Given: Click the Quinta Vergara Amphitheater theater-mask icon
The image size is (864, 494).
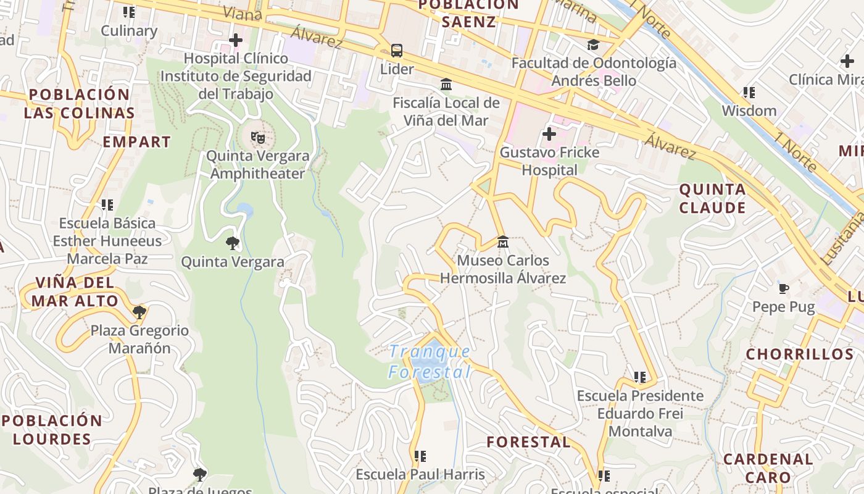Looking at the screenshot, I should (257, 137).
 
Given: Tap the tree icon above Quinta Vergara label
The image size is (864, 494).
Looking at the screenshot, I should (233, 243).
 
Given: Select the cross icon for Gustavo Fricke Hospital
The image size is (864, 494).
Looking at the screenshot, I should (549, 134).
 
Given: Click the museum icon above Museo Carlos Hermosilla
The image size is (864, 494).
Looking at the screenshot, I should (503, 241).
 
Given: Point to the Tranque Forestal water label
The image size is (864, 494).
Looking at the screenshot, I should (430, 362).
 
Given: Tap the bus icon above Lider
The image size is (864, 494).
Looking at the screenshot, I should (397, 50).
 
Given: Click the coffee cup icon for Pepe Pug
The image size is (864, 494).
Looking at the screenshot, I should (783, 288).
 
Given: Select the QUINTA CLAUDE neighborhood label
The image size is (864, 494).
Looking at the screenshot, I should (713, 198).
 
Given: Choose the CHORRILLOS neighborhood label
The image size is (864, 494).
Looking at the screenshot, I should (800, 354).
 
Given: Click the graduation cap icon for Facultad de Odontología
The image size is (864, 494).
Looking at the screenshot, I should (593, 44).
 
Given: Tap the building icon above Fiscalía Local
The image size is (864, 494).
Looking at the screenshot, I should (446, 84).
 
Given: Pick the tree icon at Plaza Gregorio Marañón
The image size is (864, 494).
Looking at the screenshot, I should (139, 312).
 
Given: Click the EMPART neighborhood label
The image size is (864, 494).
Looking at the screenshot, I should (136, 141).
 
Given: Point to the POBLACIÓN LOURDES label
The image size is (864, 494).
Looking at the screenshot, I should (52, 430).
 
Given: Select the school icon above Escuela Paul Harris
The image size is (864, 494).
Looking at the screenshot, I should (420, 456).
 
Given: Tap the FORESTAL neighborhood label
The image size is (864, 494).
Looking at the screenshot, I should (528, 442).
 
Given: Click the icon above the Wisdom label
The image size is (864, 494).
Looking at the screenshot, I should (749, 93).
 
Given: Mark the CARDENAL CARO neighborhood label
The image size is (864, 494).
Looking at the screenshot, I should (768, 468).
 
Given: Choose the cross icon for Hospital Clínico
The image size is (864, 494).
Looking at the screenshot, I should (235, 41).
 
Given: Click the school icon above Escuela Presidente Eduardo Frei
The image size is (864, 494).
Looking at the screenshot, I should (640, 377).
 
